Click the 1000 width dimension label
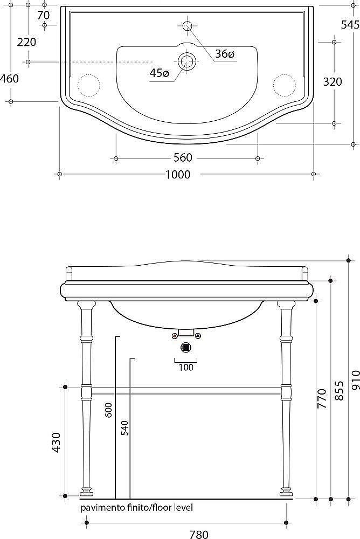point(178,174)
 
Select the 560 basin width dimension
point(183,158)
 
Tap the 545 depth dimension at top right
point(350,25)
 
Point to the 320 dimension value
point(333,82)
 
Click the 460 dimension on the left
point(9,79)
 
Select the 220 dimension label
point(26,42)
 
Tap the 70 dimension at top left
point(44,15)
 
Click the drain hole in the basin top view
point(187,61)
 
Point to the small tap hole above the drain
point(187,25)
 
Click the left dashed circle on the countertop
point(89,85)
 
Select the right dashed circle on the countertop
point(285,85)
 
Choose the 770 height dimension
point(321,399)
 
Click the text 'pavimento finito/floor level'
point(136,508)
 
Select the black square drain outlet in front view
point(186,347)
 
